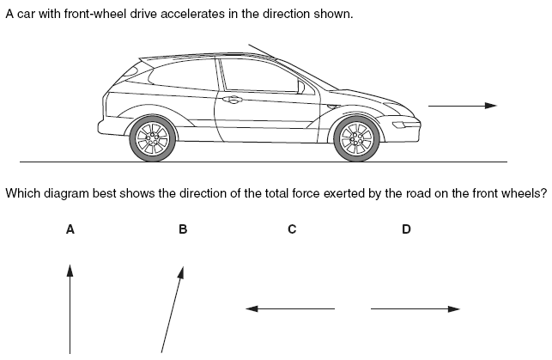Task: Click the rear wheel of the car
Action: click(x=153, y=137)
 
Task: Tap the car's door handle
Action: click(x=230, y=100)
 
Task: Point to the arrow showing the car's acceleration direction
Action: click(x=462, y=106)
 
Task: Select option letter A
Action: click(x=70, y=229)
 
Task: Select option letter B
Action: click(x=182, y=229)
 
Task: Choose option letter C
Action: click(x=292, y=229)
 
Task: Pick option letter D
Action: click(x=406, y=229)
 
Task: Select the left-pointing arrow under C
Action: click(x=290, y=308)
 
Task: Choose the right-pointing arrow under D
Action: click(x=416, y=308)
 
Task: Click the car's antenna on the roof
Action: click(x=263, y=52)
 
